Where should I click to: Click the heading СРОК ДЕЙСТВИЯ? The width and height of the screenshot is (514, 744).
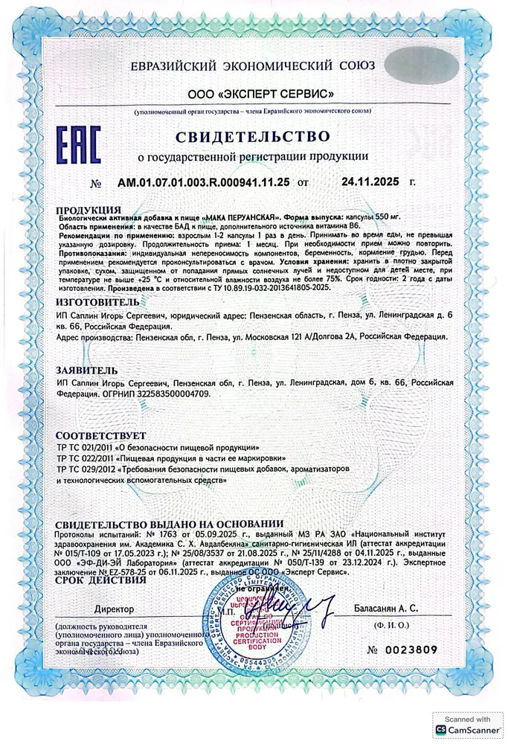(x=97, y=580)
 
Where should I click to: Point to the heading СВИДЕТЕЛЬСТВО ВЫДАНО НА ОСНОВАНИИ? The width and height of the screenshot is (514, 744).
(x=170, y=524)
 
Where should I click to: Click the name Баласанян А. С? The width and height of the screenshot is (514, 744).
(x=399, y=608)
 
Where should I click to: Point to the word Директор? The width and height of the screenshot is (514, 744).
(x=114, y=609)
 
